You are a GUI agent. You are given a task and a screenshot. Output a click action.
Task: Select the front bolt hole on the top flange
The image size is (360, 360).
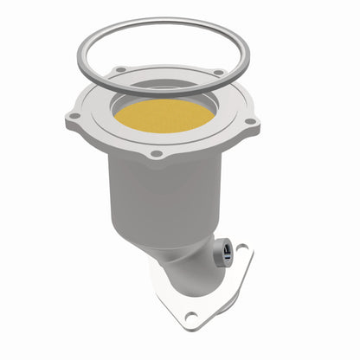point(156,154)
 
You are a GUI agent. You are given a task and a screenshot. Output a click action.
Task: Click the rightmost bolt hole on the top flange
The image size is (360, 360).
point(250,121)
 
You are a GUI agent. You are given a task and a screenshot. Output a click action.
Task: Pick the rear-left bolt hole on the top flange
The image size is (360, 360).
point(120,69)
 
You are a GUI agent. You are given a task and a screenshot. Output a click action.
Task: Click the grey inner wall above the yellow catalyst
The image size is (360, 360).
point(164,90)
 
